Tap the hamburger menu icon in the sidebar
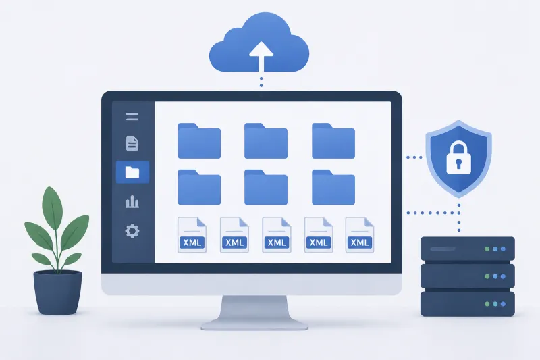click(132, 117)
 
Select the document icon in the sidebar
click(132, 144)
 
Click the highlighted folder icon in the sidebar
click(132, 172)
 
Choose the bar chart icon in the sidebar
click(132, 202)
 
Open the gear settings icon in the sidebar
click(132, 231)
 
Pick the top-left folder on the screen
click(199, 141)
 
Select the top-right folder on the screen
click(333, 141)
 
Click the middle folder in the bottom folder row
click(266, 187)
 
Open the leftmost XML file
click(192, 235)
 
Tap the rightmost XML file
click(360, 235)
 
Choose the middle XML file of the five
click(277, 235)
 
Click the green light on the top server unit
click(487, 249)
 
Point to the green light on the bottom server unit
click(487, 304)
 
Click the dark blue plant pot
click(57, 292)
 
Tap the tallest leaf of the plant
click(53, 204)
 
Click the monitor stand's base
click(254, 324)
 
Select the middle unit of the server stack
click(468, 276)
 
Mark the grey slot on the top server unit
click(443, 249)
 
